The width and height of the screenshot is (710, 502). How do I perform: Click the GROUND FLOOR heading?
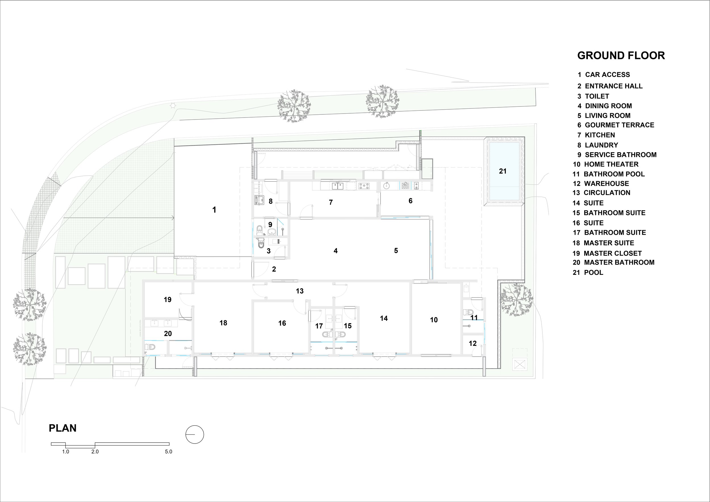621,56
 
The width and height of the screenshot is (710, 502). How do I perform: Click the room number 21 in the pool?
503,171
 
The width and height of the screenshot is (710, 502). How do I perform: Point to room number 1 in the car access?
214,210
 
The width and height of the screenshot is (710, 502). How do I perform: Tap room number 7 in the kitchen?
331,202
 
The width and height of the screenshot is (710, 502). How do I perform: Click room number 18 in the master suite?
223,323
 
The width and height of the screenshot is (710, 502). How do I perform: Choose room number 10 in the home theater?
434,320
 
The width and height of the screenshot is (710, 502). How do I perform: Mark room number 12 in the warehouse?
473,344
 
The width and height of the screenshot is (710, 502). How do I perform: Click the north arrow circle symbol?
195,435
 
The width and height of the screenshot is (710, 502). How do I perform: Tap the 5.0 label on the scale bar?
168,452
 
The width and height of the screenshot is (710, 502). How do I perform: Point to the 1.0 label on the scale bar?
66,452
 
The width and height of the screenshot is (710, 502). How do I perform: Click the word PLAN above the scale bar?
63,428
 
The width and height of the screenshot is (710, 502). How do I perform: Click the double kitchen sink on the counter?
337,186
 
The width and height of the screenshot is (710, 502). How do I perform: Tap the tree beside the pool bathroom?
516,300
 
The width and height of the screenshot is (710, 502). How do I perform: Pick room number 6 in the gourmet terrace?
410,201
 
